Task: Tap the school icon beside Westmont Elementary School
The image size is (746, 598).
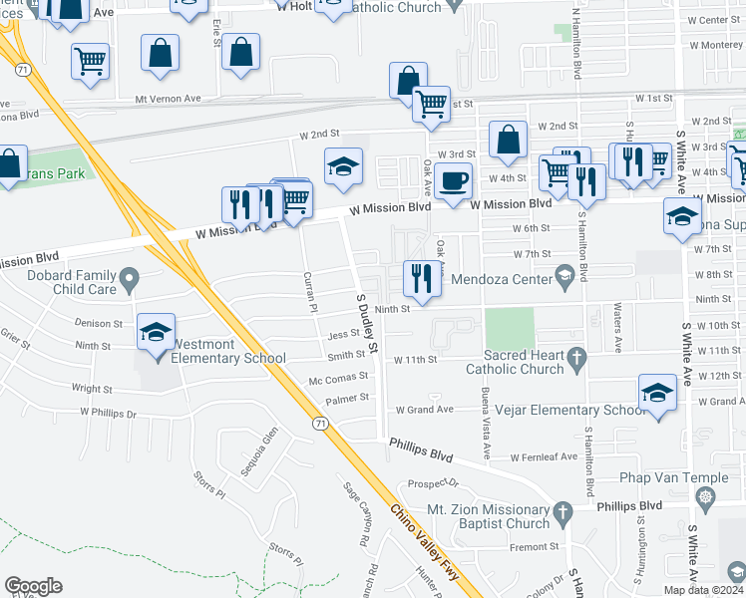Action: pos(156,332)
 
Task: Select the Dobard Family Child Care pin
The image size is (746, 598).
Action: pos(129,279)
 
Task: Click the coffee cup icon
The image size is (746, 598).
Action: pos(454,182)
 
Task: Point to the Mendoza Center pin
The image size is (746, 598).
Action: pos(564,280)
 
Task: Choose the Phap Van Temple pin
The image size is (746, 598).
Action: pos(706,495)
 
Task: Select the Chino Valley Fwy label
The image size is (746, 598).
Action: pos(430,547)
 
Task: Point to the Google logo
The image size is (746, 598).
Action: pos(33,586)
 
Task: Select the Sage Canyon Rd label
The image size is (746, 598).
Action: pos(357,507)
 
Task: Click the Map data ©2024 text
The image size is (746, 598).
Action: pos(703,590)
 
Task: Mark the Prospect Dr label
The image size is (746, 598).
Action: pos(432,483)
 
